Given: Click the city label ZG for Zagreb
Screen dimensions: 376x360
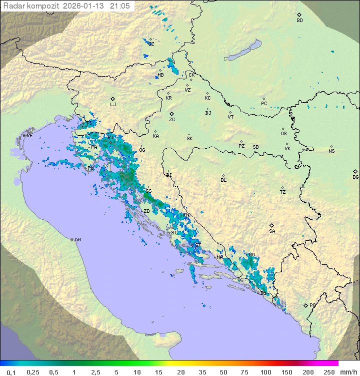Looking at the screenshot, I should pos(172,120).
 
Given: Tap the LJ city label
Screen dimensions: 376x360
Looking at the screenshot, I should pos(113,105).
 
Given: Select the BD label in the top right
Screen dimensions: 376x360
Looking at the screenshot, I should pos(299,21).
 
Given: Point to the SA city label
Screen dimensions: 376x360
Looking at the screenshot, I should pos(272,231).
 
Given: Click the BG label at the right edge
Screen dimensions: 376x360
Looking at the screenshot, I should pos(355,177).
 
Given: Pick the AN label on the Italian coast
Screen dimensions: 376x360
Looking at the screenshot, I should pos(77,240).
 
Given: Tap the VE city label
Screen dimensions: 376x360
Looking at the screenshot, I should pos(29,136).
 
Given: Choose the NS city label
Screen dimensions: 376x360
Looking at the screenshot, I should pos(331,151).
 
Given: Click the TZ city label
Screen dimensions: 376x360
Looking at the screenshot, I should pos(282,192).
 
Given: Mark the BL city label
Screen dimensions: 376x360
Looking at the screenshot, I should pos(223,180).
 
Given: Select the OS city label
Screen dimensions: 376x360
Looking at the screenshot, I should pos(283,134).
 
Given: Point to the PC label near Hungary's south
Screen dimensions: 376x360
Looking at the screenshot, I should pos(264,104).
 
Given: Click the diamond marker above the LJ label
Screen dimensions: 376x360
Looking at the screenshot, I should pos(113,99).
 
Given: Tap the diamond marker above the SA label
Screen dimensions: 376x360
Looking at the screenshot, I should pos(272,225).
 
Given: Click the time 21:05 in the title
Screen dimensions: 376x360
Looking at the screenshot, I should pos(119,6).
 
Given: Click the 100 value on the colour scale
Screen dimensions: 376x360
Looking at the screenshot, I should pos(265,372).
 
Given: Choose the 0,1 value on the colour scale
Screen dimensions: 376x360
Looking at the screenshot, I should pos(11,372).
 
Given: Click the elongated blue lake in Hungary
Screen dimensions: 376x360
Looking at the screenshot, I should pos(243,50).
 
